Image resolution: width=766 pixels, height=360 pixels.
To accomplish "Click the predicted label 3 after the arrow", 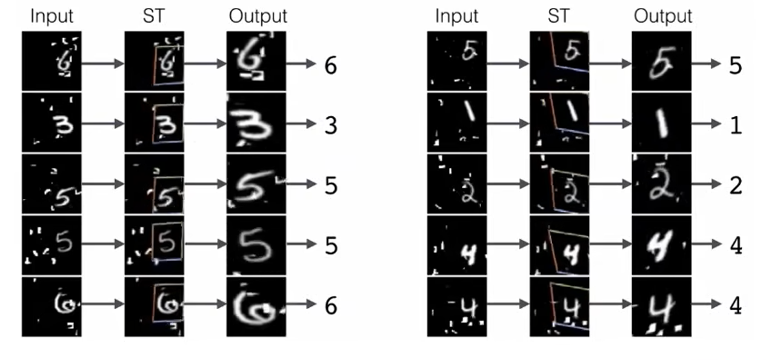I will [330, 125].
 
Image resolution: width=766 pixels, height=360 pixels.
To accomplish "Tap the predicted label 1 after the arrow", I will [735, 125].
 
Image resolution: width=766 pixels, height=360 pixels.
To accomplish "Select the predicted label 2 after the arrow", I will [735, 185].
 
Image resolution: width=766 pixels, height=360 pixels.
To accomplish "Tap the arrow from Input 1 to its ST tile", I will [508, 124].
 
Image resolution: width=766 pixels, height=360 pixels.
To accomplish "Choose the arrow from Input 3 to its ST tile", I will [102, 123].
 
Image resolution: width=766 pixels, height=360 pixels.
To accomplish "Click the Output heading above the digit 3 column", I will [258, 16].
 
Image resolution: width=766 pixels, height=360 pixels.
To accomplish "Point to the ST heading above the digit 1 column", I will [558, 16].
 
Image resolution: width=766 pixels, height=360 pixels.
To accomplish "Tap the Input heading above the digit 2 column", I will [457, 16].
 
